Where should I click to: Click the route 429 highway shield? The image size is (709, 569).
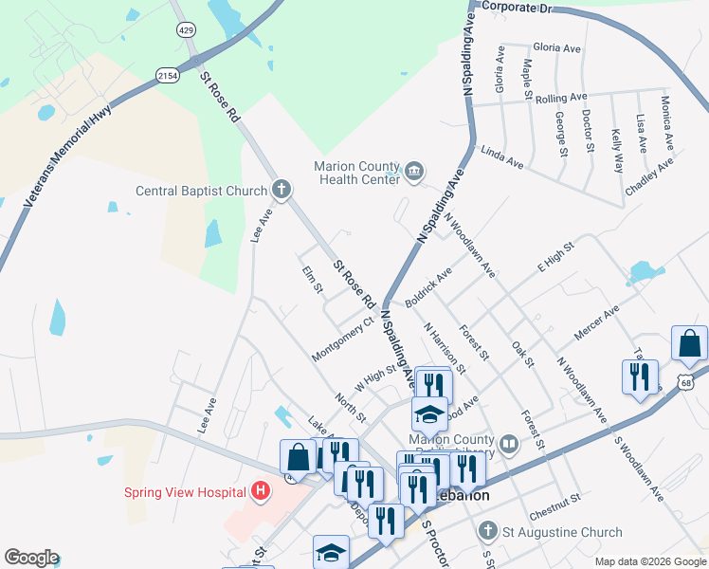pyautogui.click(x=184, y=30)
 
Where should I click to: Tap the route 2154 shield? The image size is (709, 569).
pyautogui.click(x=168, y=75)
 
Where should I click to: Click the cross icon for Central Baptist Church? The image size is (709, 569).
pyautogui.click(x=281, y=190)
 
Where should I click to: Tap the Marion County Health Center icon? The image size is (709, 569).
pyautogui.click(x=414, y=172)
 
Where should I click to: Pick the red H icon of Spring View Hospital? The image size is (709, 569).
pyautogui.click(x=261, y=491)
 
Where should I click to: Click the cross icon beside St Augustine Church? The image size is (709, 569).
pyautogui.click(x=487, y=532)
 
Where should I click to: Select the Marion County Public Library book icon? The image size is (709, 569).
pyautogui.click(x=509, y=444)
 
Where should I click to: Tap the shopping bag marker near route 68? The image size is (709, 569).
pyautogui.click(x=689, y=346)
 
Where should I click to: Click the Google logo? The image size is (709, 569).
pyautogui.click(x=31, y=558)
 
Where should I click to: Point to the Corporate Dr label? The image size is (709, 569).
pyautogui.click(x=516, y=7)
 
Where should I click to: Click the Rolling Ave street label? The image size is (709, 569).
pyautogui.click(x=560, y=98)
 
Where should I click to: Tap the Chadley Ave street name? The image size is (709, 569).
pyautogui.click(x=649, y=177)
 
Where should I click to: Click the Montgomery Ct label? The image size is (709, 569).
pyautogui.click(x=343, y=339)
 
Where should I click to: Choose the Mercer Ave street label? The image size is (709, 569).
pyautogui.click(x=596, y=323)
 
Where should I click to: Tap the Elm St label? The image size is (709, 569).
pyautogui.click(x=308, y=280)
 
